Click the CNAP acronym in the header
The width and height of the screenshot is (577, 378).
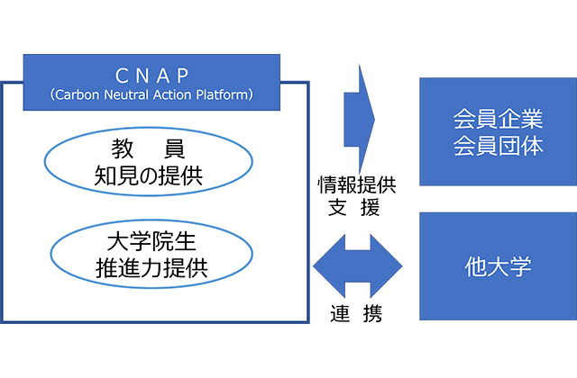(x=152, y=76)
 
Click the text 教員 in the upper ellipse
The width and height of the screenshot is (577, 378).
(x=148, y=148)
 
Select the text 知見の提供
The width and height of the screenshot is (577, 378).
(x=148, y=175)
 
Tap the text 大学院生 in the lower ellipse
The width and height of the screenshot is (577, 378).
(x=151, y=241)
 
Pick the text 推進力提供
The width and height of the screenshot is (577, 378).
(x=151, y=268)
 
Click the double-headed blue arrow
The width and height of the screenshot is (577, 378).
(x=357, y=266)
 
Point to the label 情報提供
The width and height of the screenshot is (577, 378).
(x=357, y=184)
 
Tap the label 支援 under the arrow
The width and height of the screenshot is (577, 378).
(x=353, y=207)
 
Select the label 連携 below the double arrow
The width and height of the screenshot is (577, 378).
(x=356, y=313)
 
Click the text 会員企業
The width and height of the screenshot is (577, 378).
(x=498, y=119)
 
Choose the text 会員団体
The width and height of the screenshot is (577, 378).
(x=498, y=146)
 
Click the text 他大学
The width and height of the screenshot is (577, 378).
(x=498, y=266)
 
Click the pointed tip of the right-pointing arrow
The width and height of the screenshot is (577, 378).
(x=375, y=120)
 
